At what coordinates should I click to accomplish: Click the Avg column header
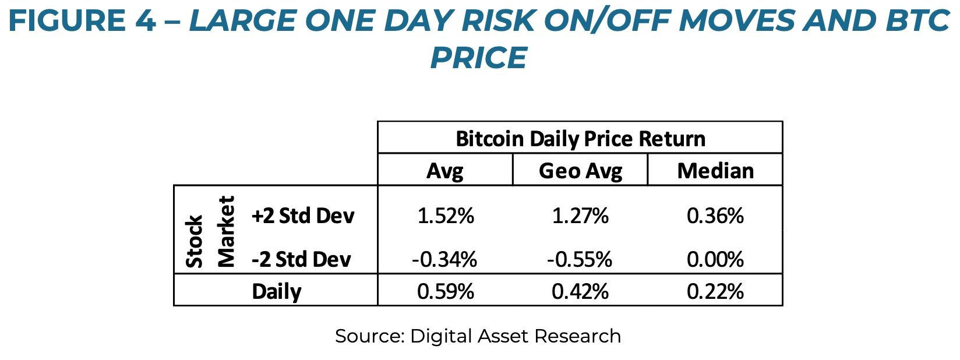point(445,171)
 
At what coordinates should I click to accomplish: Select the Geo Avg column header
point(580,171)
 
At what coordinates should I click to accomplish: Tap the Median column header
point(715,171)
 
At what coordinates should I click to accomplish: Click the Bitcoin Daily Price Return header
point(580,139)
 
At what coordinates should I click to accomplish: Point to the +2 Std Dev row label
point(303,216)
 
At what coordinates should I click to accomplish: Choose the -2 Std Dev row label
point(301,259)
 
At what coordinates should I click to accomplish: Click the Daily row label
point(277,291)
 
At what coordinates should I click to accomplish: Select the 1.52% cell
point(446,216)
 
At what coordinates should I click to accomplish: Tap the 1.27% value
point(580,216)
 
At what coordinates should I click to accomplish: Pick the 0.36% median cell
point(715,216)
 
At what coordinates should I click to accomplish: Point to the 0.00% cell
point(715,259)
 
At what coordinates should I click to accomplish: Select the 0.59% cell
point(446,291)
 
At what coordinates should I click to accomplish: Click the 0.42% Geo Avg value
point(580,291)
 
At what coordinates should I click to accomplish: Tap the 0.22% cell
point(715,291)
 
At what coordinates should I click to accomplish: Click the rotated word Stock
point(195,241)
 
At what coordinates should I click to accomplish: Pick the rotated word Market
point(225,231)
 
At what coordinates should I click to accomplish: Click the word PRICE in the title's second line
point(478,58)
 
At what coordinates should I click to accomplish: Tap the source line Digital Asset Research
point(478,336)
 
